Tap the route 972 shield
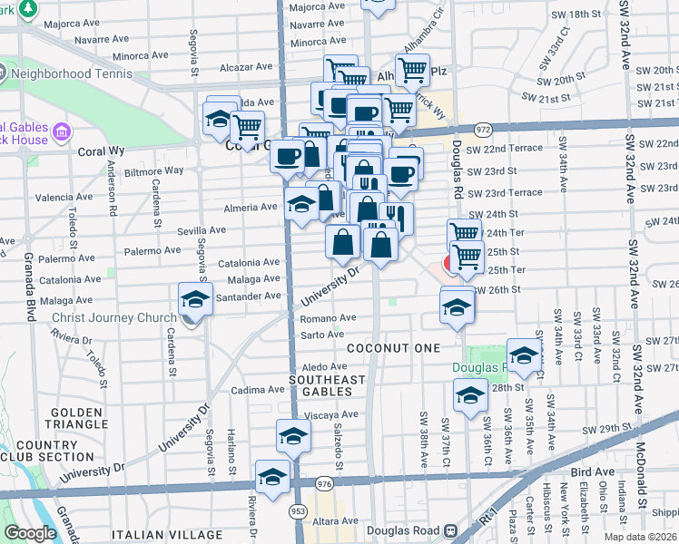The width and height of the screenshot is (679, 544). [x=483, y=130]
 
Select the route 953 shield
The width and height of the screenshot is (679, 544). [x=299, y=512]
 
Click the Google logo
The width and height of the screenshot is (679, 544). [x=31, y=533]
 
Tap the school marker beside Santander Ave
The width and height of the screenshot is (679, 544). [x=195, y=299]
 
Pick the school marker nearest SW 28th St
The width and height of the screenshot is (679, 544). [x=469, y=395]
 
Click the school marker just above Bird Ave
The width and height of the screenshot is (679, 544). [x=272, y=476]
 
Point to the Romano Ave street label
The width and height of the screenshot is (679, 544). [x=328, y=318]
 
